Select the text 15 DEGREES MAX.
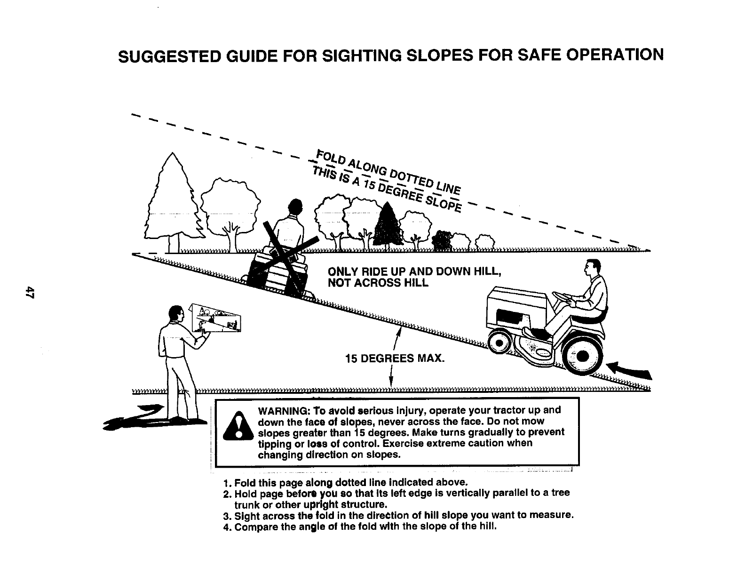click(394, 359)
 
